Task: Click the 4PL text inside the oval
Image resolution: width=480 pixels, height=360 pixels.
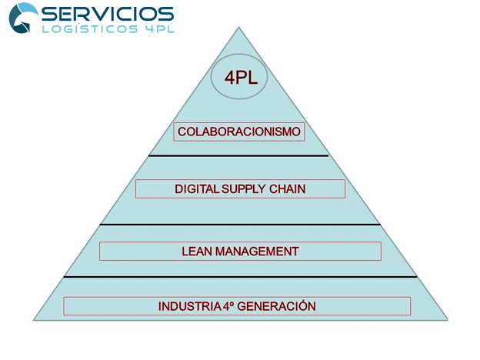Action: coord(241,78)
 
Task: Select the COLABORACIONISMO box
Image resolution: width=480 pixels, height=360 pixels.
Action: coord(239,132)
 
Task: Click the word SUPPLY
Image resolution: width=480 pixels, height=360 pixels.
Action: coord(244,189)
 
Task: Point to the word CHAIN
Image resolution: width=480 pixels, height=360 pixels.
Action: coord(288,189)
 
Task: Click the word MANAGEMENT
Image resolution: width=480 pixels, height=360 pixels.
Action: coord(257,252)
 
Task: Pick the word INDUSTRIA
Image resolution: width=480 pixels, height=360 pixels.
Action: coord(189,306)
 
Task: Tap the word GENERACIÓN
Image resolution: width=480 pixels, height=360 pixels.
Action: coord(276,306)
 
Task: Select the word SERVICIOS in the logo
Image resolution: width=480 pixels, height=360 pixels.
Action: coord(108,14)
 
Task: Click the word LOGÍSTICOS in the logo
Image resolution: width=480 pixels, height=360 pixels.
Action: coord(90,28)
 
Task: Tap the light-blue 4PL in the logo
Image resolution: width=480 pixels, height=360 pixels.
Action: coord(159,28)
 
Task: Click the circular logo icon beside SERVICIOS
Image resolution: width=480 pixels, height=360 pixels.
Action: coord(23,18)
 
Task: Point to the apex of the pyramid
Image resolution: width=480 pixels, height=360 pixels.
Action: coord(238,27)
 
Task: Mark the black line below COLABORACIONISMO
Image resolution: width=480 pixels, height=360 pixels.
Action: coord(238,156)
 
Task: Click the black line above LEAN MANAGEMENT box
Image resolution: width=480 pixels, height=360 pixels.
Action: coord(240,225)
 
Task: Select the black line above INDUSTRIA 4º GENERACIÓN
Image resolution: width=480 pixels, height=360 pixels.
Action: coord(240,277)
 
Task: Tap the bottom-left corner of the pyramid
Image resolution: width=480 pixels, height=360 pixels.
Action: coord(33,320)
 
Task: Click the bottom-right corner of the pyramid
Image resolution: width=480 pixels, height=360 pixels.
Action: coord(447,320)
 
